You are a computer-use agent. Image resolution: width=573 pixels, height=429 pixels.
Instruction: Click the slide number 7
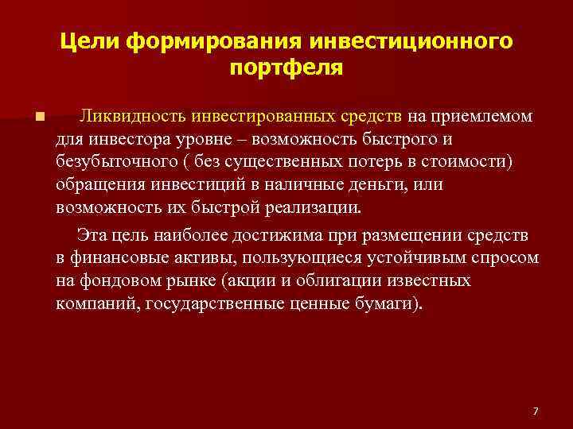pos(535,411)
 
